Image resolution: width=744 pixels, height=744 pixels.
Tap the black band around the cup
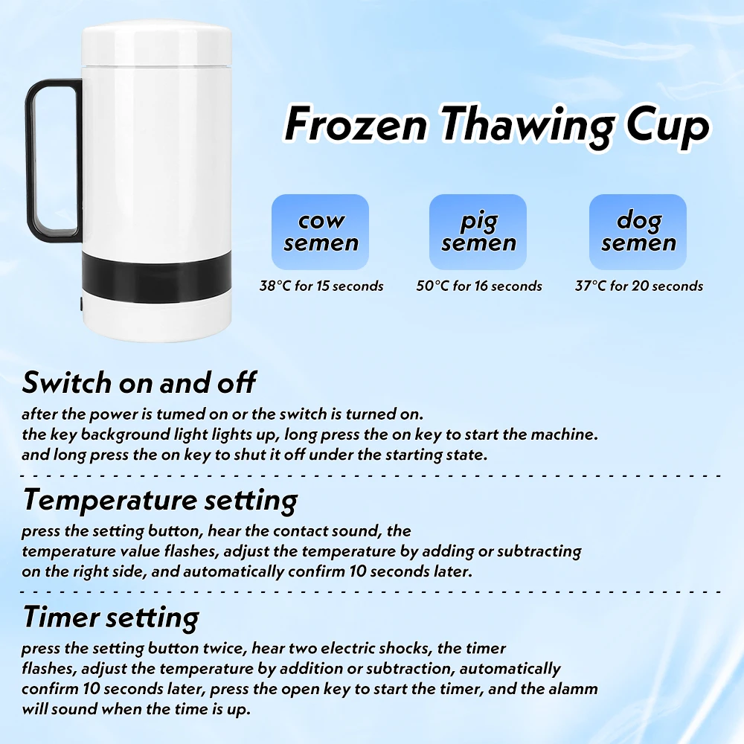coord(156,277)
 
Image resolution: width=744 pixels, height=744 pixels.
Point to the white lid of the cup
coord(156,45)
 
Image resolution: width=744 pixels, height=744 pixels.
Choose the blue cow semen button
coord(320,231)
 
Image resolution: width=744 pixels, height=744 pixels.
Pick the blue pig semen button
coord(478,231)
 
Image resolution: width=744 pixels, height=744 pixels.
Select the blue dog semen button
coord(638,231)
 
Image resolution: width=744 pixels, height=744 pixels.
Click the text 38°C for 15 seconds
coord(321,286)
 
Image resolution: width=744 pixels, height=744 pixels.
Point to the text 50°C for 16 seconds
coord(479,286)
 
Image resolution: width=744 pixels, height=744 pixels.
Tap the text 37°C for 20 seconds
coord(638,286)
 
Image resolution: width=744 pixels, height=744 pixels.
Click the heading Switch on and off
coord(139,382)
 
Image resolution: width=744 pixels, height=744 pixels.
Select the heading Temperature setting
coord(161,501)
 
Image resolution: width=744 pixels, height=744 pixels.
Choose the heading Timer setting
coord(111,618)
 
